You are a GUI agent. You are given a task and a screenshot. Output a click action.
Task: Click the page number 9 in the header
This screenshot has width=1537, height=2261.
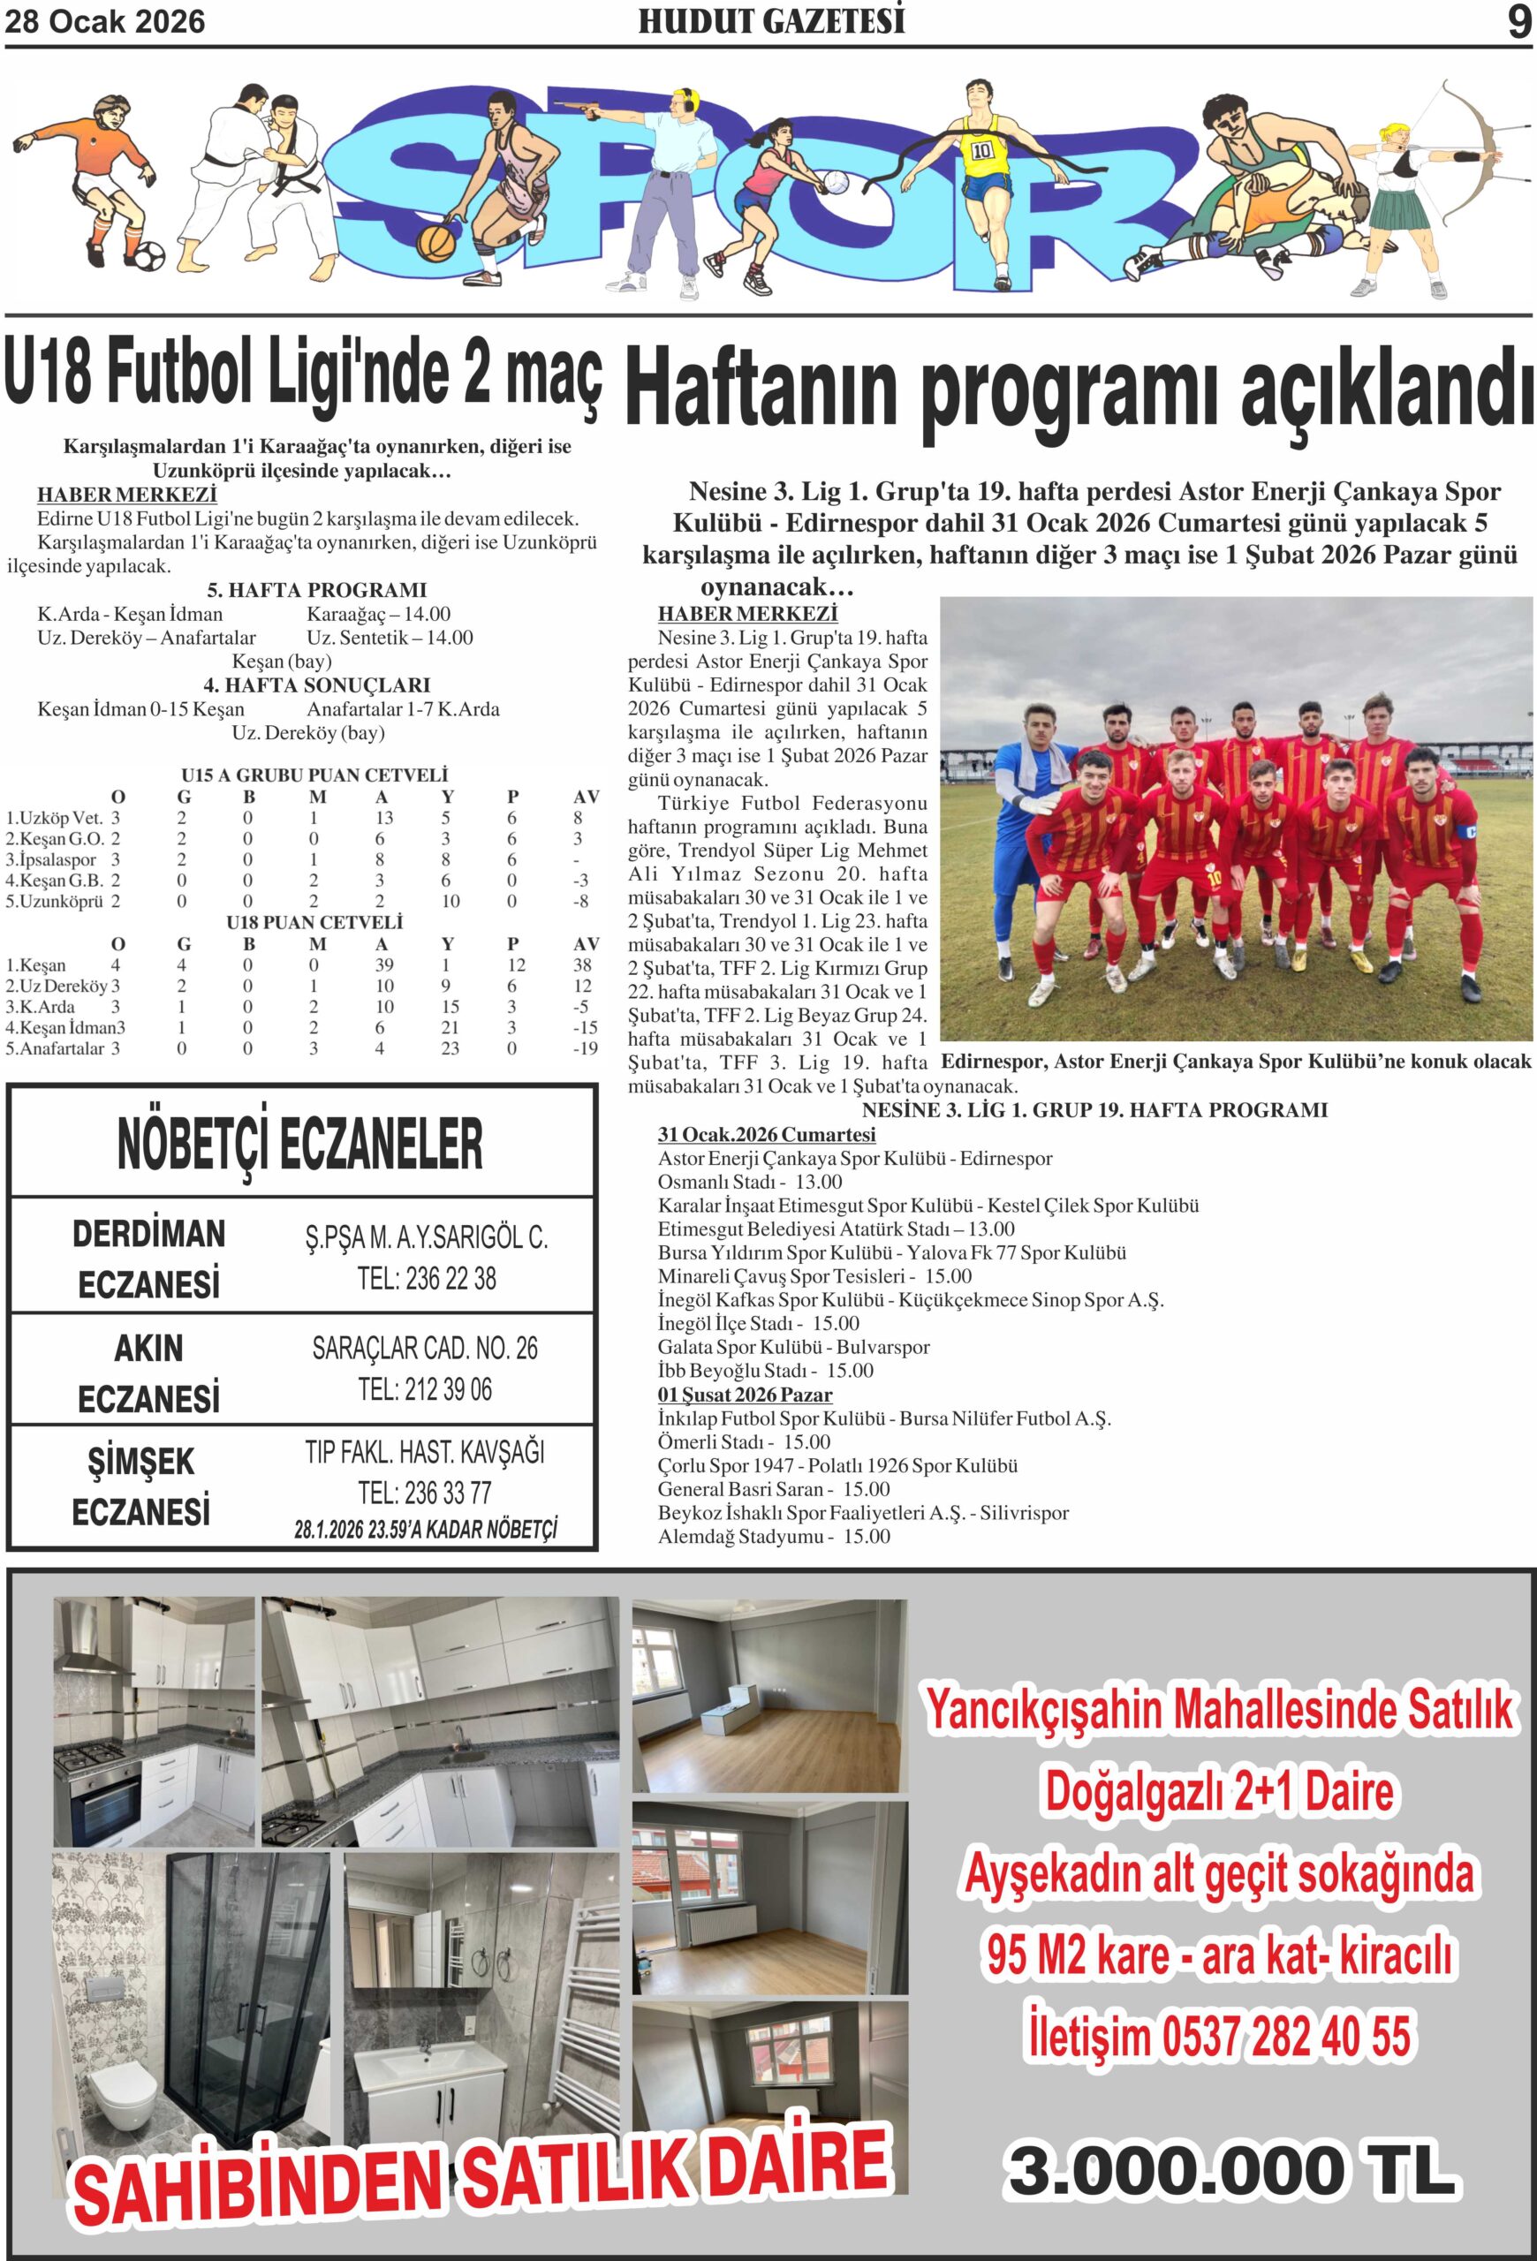click(x=1518, y=21)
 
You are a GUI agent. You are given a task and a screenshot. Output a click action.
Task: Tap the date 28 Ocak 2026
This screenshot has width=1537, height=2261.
click(x=105, y=21)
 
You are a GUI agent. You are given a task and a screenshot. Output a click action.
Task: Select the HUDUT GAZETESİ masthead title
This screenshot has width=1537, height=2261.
click(x=770, y=21)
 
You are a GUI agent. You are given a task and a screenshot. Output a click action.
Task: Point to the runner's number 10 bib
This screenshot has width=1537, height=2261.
click(x=981, y=151)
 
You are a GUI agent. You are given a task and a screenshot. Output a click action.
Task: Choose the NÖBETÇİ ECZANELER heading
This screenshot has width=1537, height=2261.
click(x=299, y=1143)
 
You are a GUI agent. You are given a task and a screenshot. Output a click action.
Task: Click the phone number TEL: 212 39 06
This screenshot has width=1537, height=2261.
click(x=425, y=1390)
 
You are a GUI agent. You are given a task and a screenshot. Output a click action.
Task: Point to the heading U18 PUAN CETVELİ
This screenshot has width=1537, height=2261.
click(x=314, y=922)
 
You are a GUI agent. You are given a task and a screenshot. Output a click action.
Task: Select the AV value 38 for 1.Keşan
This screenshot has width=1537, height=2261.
click(x=583, y=965)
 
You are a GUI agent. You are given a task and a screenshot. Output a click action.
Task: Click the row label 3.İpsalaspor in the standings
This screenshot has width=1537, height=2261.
click(x=51, y=860)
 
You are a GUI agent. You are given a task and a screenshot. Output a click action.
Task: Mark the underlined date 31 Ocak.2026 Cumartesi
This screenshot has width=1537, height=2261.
click(x=767, y=1134)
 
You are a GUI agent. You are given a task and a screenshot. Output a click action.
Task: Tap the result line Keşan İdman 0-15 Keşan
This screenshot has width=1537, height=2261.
click(x=141, y=709)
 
